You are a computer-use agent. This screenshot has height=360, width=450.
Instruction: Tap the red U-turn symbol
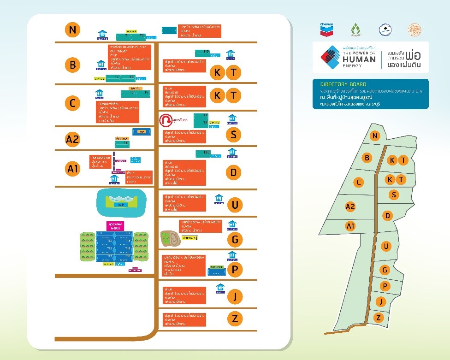coord(165,120)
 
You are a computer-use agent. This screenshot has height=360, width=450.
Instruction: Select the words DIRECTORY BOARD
coord(343,84)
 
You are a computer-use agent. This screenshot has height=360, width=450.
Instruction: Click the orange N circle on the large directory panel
coord(72,30)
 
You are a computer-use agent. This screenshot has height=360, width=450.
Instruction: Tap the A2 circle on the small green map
coord(350,207)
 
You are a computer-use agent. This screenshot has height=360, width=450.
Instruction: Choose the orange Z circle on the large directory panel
coord(235,319)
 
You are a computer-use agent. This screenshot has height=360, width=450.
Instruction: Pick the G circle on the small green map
coord(384,270)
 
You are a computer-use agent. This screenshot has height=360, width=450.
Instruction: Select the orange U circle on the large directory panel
coord(235,204)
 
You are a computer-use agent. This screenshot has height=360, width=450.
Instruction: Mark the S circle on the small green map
coord(393,195)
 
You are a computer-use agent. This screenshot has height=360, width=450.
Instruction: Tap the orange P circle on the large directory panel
coord(235,270)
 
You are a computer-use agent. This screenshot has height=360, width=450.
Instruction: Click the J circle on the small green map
coord(381,302)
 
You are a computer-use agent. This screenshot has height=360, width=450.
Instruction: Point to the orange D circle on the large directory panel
coord(234,172)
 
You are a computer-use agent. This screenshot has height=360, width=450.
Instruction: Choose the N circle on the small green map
coord(375,136)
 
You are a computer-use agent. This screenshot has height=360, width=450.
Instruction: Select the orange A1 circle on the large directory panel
coord(72,169)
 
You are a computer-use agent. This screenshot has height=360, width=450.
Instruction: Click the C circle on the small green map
coord(359,182)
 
